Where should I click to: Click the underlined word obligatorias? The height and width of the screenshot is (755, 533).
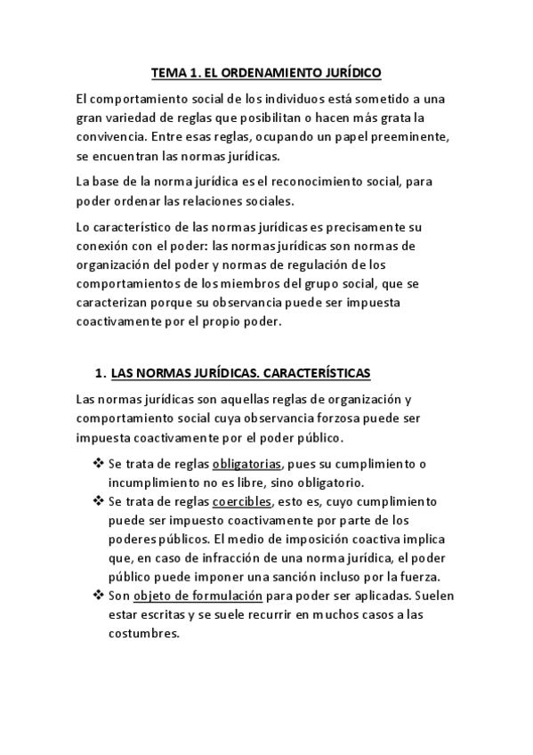pyautogui.click(x=246, y=464)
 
